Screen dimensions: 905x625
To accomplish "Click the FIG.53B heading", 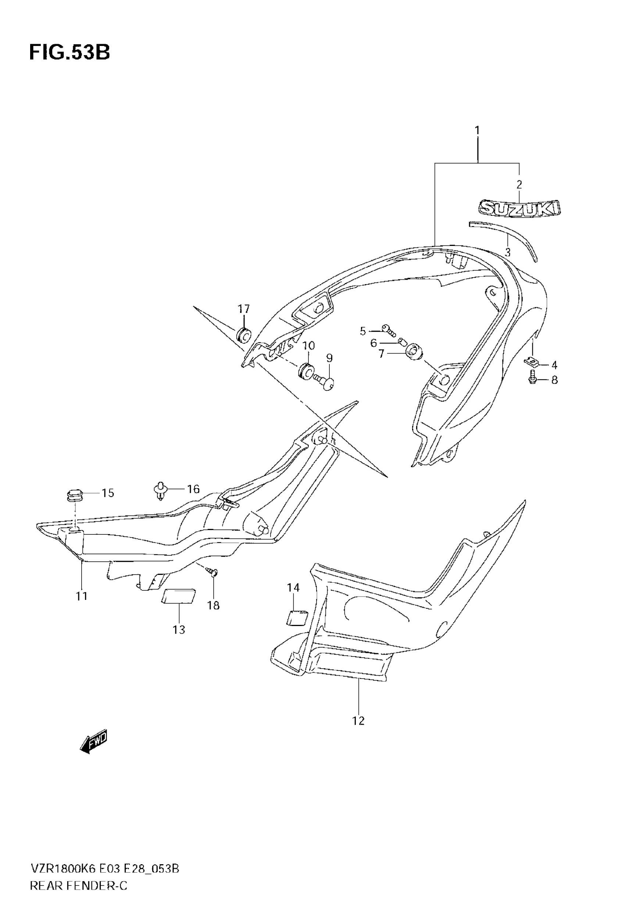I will pyautogui.click(x=69, y=52).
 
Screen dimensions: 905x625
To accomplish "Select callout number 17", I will pyautogui.click(x=244, y=309).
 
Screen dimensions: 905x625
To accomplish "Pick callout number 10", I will pyautogui.click(x=308, y=346).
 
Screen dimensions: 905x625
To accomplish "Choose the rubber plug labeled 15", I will pyautogui.click(x=73, y=495).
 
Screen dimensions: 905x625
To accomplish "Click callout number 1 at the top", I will pyautogui.click(x=477, y=130).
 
